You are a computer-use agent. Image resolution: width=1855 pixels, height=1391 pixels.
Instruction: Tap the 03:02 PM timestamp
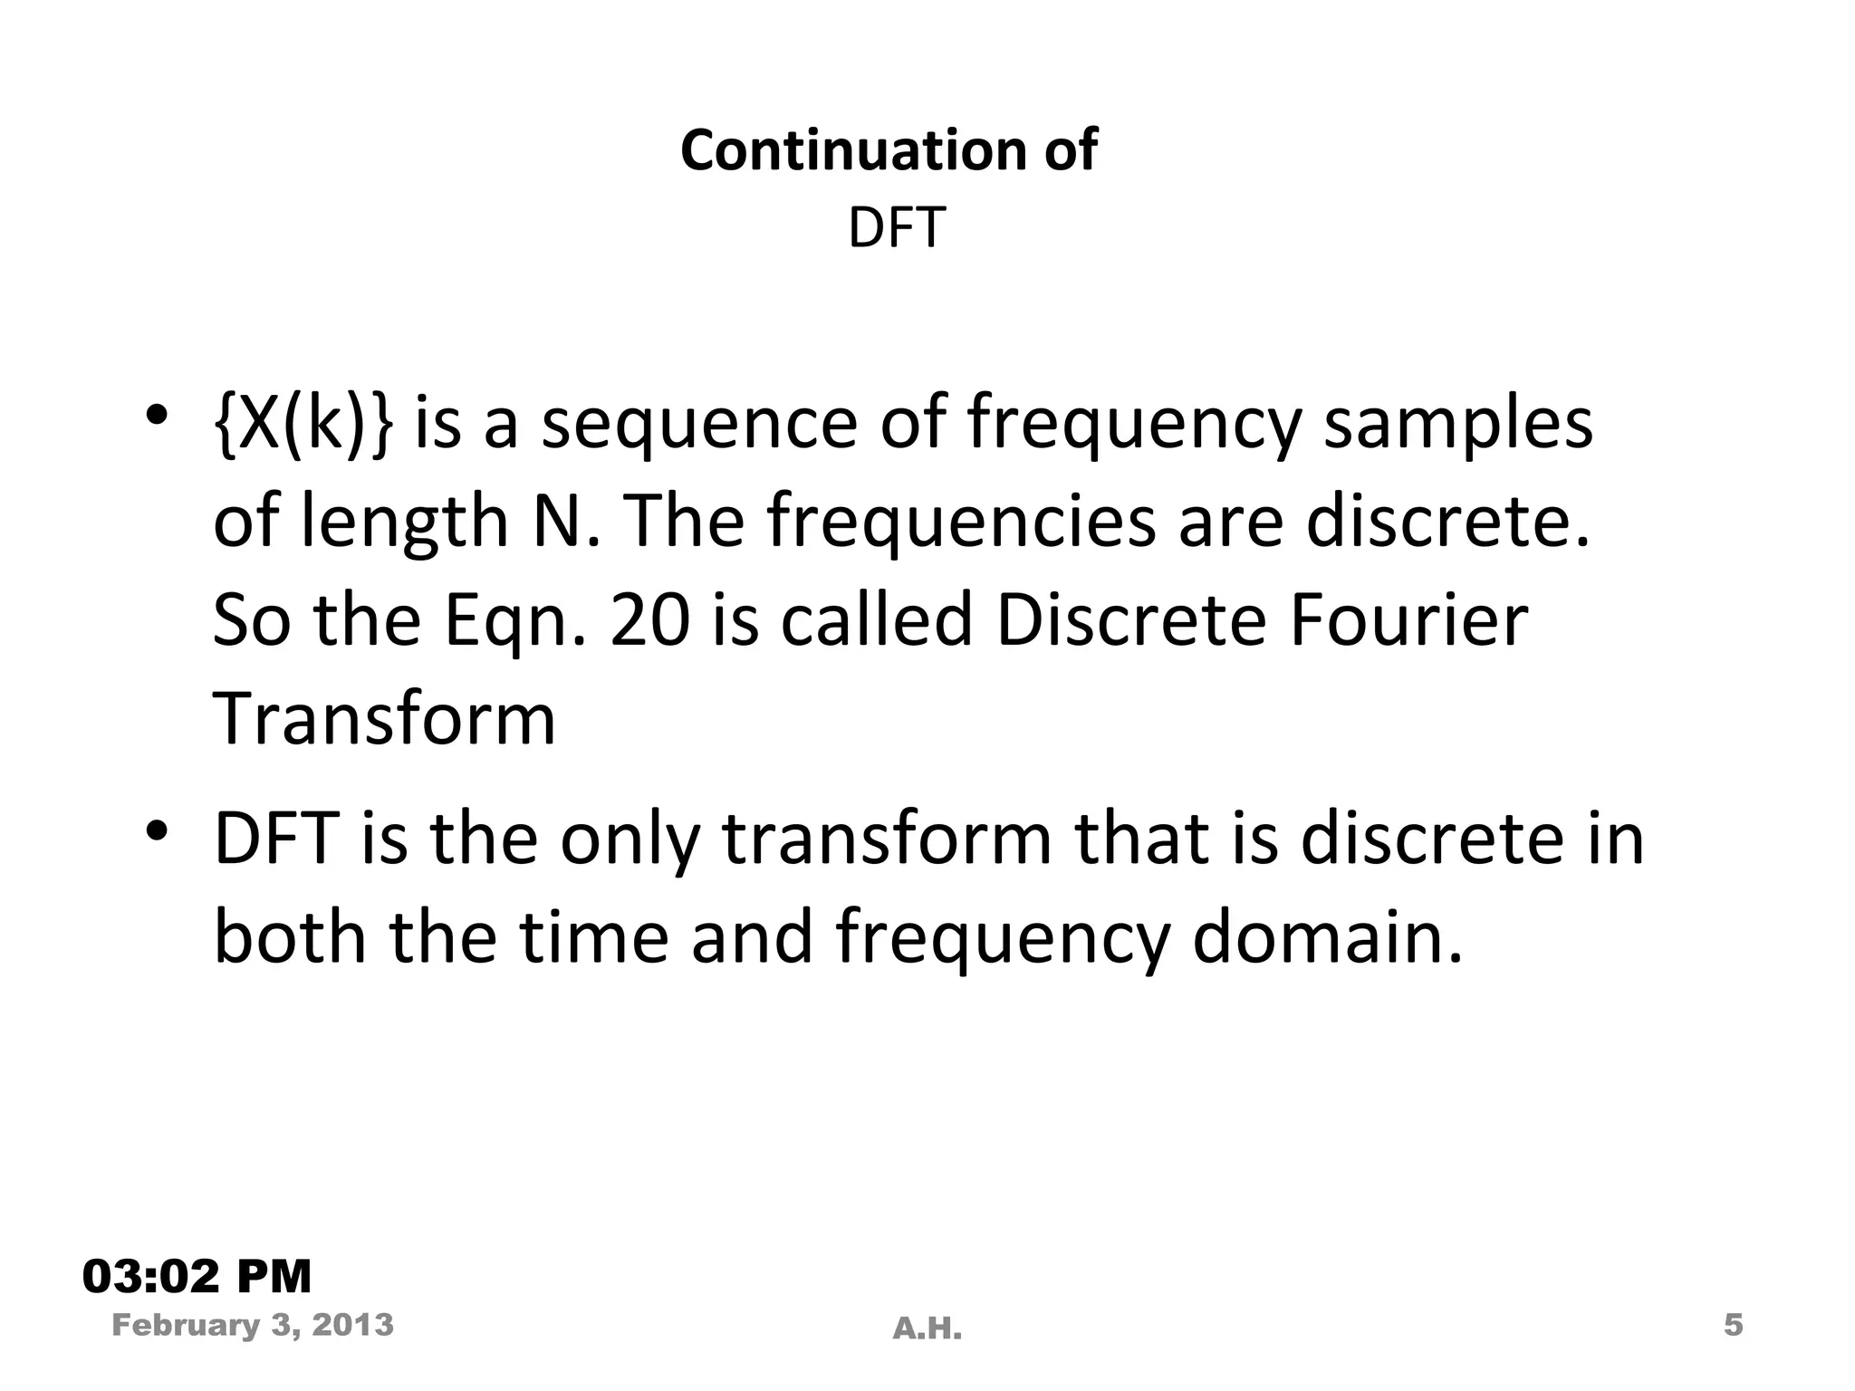[197, 1277]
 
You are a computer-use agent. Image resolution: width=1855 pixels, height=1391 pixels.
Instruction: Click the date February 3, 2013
[253, 1326]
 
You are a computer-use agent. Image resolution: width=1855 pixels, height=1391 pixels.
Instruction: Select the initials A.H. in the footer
[927, 1329]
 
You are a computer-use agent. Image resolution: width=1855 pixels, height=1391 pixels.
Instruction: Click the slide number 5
[1733, 1326]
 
